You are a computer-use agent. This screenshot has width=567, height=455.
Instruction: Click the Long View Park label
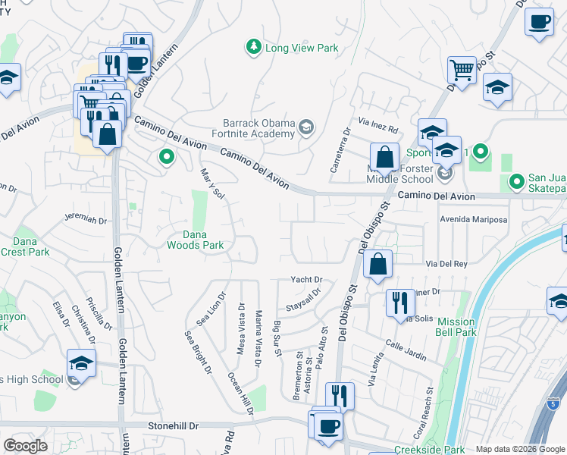tap(301, 49)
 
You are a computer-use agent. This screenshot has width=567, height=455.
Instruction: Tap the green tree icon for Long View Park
tap(253, 48)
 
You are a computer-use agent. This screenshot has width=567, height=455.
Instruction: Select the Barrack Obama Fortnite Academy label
tap(258, 129)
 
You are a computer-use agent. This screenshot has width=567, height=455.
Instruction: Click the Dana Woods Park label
tap(195, 240)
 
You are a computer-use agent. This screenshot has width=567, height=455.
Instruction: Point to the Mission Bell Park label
tap(456, 326)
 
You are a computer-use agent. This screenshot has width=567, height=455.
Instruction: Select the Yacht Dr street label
tap(306, 280)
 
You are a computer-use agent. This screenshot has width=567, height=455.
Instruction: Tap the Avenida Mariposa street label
tap(473, 220)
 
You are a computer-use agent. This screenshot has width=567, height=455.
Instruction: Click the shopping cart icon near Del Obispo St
tap(461, 71)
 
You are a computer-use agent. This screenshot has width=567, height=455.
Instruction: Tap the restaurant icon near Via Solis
tap(400, 303)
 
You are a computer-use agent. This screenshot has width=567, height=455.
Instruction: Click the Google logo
tap(25, 446)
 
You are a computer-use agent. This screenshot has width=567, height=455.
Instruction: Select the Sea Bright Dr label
tap(198, 351)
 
